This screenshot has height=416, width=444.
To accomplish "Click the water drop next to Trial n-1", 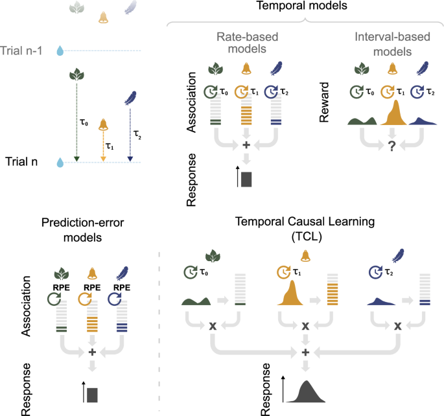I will (x=60, y=50).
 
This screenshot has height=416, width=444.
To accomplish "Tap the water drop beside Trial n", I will (x=60, y=162).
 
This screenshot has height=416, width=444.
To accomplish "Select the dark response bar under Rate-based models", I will (x=246, y=178).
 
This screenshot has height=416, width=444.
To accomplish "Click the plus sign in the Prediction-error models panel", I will (x=92, y=352).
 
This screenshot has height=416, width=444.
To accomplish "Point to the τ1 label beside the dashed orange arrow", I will (x=110, y=147).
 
